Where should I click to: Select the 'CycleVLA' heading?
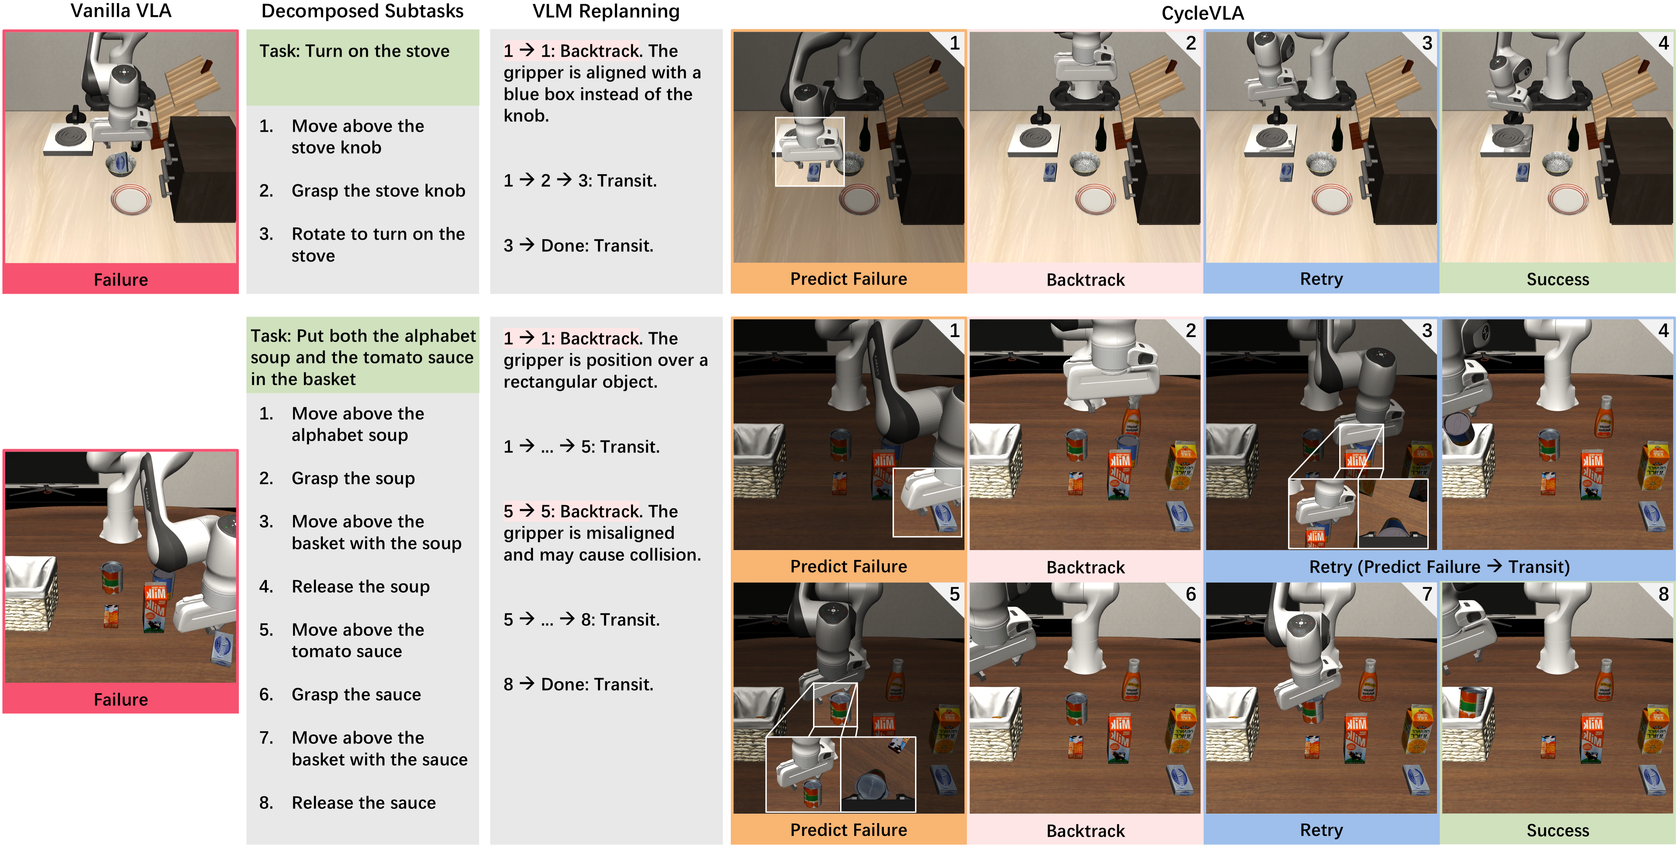(x=1203, y=13)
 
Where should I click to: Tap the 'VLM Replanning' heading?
(x=606, y=11)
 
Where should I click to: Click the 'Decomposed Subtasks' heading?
(x=362, y=11)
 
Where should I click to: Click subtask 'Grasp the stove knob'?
(x=378, y=191)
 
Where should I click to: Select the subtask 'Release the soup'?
(x=361, y=586)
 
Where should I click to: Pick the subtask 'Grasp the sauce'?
(x=356, y=694)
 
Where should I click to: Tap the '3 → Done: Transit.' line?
(x=578, y=245)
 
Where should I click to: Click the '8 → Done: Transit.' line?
(x=578, y=684)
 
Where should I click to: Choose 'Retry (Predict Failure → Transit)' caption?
(x=1439, y=567)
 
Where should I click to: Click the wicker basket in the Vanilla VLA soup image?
(x=29, y=594)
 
